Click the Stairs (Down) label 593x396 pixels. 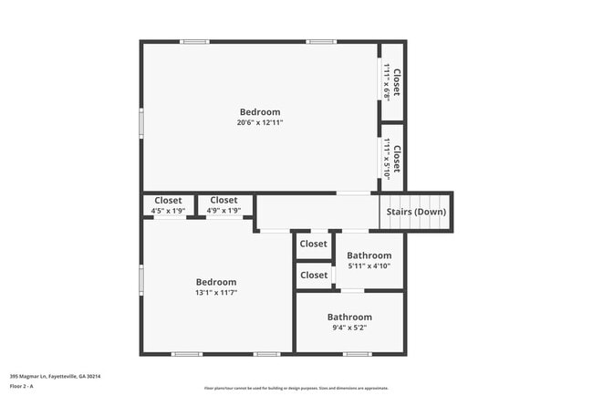[417, 212]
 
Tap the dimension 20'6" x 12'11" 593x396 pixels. [260, 122]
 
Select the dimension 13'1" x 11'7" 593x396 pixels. [216, 293]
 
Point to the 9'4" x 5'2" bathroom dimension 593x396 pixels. [349, 328]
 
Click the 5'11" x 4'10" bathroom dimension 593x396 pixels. [369, 266]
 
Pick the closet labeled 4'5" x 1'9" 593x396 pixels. [168, 205]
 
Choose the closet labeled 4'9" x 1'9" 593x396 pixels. [224, 205]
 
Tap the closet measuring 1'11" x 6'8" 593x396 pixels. [392, 81]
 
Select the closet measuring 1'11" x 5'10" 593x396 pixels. [392, 157]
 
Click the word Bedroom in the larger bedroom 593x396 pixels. [260, 112]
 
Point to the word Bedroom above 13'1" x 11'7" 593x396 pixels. [216, 282]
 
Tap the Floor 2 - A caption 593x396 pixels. [22, 386]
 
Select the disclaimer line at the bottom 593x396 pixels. [296, 388]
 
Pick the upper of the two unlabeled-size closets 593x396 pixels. [314, 245]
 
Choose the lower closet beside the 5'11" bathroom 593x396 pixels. [314, 275]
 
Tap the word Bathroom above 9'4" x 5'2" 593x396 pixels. [349, 317]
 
